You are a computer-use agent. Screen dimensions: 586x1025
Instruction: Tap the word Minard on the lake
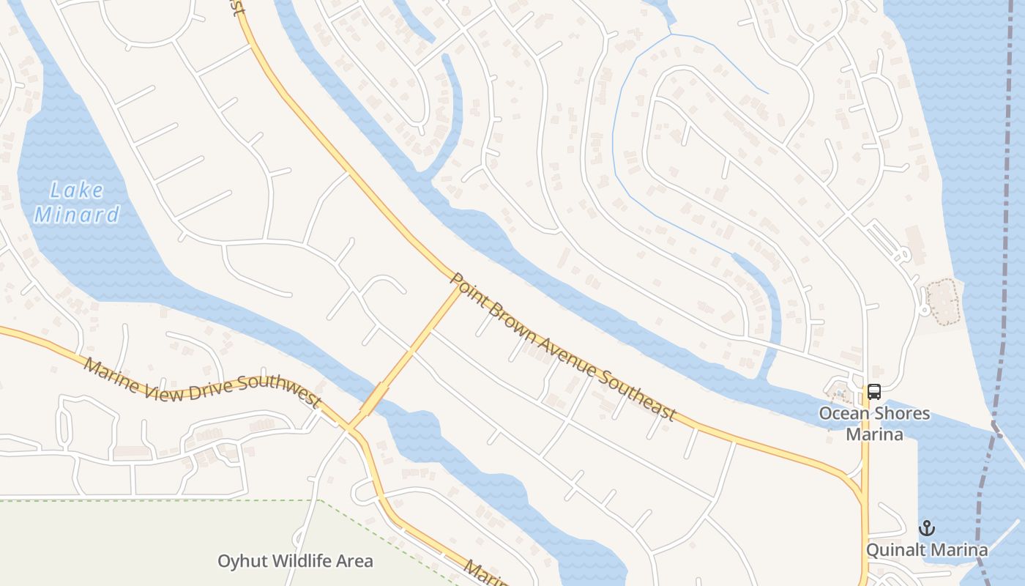pyautogui.click(x=77, y=215)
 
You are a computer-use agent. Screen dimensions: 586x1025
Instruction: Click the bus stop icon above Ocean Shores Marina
pyautogui.click(x=874, y=392)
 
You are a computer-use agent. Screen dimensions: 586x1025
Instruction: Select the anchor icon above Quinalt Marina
pyautogui.click(x=927, y=528)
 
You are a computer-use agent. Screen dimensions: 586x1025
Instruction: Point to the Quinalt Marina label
pyautogui.click(x=927, y=549)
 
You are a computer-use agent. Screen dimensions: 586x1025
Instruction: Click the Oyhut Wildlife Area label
pyautogui.click(x=295, y=562)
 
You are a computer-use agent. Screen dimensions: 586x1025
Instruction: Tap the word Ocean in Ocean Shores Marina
pyautogui.click(x=841, y=413)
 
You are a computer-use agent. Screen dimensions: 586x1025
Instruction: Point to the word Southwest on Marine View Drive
pyautogui.click(x=277, y=392)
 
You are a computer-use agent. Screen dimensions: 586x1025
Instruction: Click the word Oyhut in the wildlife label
pyautogui.click(x=242, y=562)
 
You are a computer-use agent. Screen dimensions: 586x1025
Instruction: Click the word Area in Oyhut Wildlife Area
pyautogui.click(x=354, y=562)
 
